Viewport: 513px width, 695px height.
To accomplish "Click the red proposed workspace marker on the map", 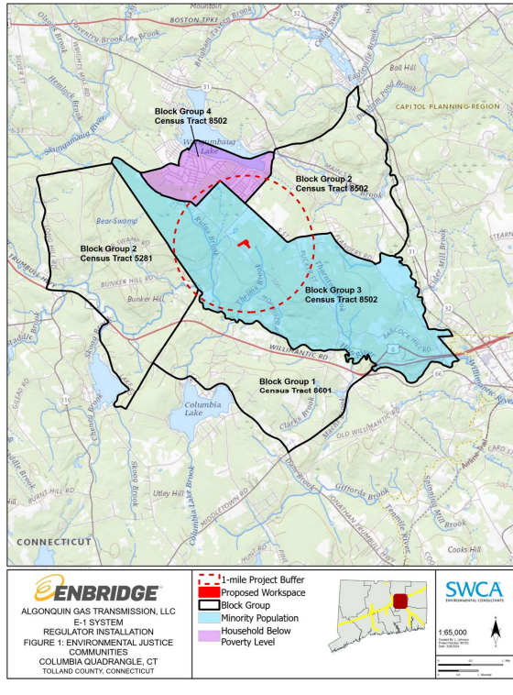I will (243, 245).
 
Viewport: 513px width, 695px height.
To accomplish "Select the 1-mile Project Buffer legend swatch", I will (208, 579).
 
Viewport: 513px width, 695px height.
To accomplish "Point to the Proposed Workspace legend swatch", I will (208, 592).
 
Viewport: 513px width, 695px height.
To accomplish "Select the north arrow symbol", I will (495, 630).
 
